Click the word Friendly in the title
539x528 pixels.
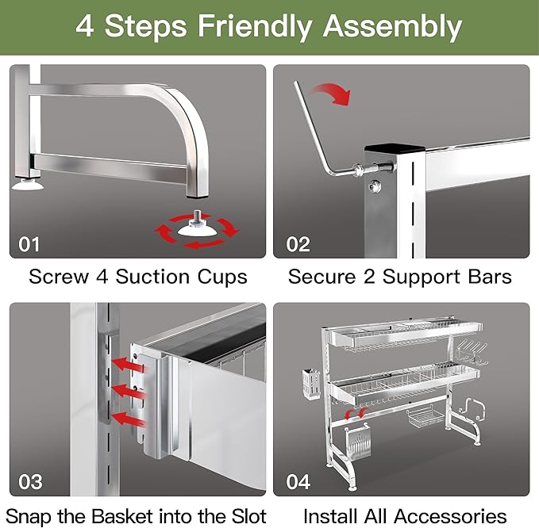[245, 26]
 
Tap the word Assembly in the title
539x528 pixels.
[392, 26]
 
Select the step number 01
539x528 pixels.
[29, 243]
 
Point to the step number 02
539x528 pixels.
[298, 243]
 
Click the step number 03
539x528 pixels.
[30, 482]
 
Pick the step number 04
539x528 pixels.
[299, 482]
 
